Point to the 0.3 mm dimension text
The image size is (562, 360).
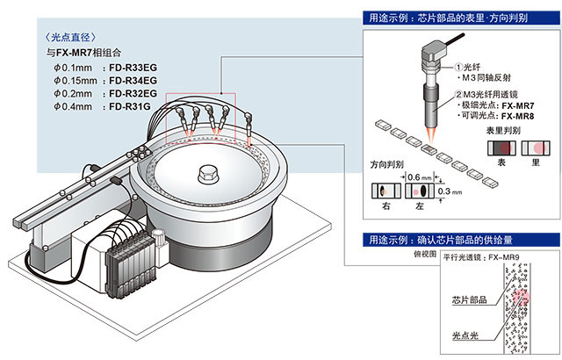[446, 189]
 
